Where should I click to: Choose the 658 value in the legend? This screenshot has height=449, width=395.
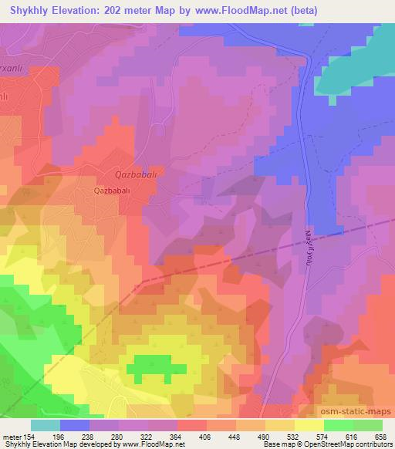(382, 436)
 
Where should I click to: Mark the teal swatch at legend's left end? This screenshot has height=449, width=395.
(45, 425)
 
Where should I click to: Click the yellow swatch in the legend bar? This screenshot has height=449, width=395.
(309, 425)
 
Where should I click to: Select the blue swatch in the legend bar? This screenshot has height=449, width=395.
(74, 425)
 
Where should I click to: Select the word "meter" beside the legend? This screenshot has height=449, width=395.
(12, 436)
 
